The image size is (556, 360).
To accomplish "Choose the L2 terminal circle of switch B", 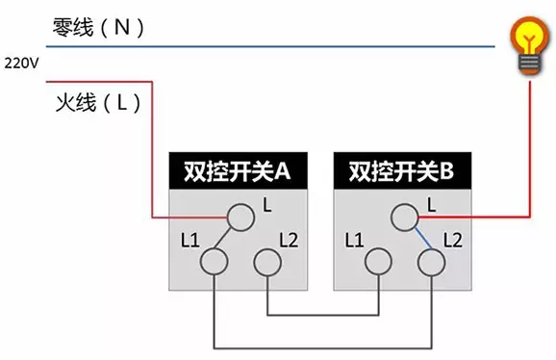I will click(429, 260).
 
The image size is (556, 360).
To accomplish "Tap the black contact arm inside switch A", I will click(226, 239).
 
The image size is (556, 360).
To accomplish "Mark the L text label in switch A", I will click(267, 204).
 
